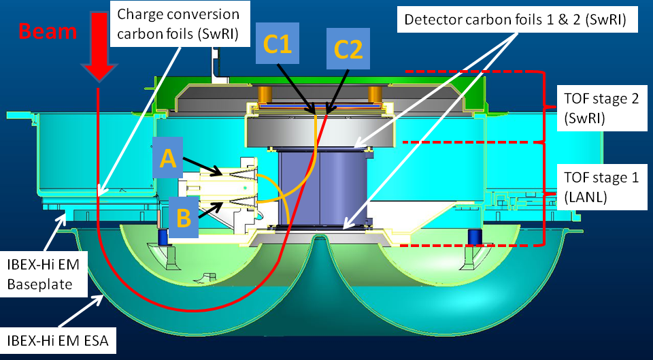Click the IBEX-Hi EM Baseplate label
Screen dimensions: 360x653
pyautogui.click(x=44, y=274)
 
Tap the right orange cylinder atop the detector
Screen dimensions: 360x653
pyautogui.click(x=373, y=93)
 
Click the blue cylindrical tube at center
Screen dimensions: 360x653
pyautogui.click(x=324, y=188)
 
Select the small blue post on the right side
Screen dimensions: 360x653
pyautogui.click(x=472, y=238)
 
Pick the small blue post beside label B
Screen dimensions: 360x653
pyautogui.click(x=163, y=236)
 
